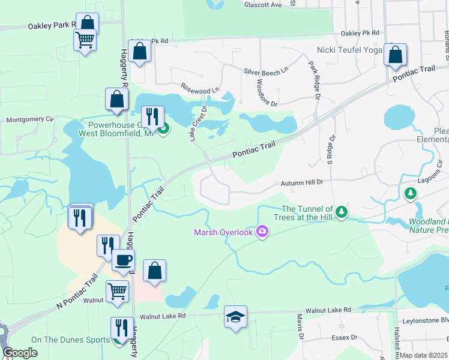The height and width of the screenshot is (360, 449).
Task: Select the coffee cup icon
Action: tap(123, 260)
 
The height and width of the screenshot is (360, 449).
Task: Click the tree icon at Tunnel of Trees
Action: tap(342, 211)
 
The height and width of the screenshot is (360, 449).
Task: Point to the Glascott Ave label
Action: tap(263, 5)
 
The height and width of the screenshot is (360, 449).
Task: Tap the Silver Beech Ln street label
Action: tap(266, 72)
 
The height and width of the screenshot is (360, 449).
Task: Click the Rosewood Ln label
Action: tap(200, 91)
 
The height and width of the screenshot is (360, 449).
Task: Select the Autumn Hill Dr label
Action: tap(302, 182)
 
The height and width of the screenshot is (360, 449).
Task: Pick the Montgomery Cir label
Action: tap(30, 119)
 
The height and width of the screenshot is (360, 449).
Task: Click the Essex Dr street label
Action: tap(340, 337)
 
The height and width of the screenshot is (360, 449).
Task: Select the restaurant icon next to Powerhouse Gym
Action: tap(152, 116)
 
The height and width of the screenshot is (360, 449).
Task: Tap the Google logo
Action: tap(20, 353)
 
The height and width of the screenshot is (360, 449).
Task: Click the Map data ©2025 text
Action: tap(424, 355)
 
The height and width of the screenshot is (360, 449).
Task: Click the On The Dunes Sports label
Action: tap(71, 340)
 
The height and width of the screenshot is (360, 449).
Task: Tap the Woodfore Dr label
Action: tap(267, 92)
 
